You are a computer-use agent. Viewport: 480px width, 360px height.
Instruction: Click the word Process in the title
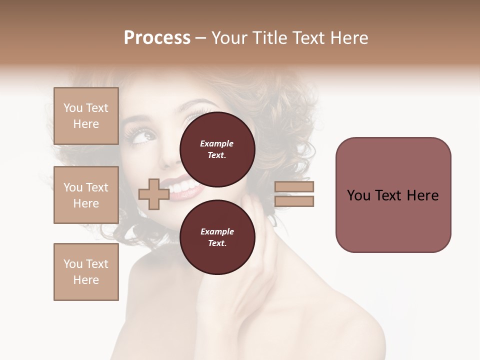click(x=157, y=38)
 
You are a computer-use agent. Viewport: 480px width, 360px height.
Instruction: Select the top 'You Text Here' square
click(x=86, y=116)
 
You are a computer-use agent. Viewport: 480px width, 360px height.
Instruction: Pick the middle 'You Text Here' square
click(x=86, y=195)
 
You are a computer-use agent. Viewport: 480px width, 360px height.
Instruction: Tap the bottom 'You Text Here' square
click(x=86, y=271)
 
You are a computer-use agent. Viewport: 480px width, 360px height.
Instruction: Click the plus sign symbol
click(x=153, y=194)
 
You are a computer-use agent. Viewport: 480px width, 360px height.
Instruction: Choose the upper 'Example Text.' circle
click(x=217, y=149)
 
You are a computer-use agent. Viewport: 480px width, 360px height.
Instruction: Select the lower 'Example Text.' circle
click(x=217, y=237)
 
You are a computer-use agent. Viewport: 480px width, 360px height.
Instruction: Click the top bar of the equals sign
click(x=294, y=187)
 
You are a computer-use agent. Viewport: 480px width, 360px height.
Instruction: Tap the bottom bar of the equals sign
click(x=294, y=201)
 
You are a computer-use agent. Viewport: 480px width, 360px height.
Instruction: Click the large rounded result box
click(x=393, y=195)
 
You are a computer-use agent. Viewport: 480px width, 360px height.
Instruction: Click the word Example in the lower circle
click(x=217, y=231)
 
